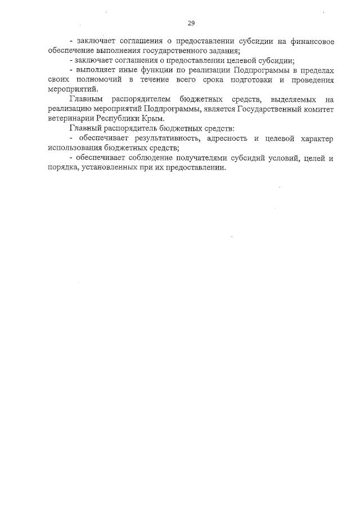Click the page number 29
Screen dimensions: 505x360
(x=191, y=23)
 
